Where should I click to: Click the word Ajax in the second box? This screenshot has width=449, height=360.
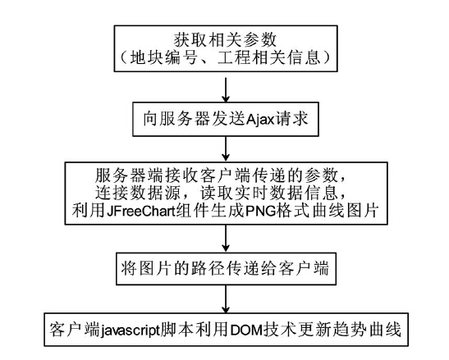(260, 118)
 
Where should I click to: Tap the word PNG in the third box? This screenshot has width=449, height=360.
(260, 212)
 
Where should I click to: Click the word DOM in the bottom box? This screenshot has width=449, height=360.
(246, 330)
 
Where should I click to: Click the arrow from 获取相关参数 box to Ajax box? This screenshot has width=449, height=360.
(226, 89)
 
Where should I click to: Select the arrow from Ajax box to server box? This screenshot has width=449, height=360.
(226, 148)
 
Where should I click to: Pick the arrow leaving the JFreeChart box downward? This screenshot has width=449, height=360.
(226, 238)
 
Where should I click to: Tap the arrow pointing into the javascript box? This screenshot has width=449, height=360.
(226, 298)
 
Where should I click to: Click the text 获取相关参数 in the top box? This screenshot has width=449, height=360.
(226, 39)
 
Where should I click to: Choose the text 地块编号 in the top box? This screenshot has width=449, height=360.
(163, 57)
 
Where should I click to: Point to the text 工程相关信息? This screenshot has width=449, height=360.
(269, 57)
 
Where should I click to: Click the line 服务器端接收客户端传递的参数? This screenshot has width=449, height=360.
(220, 175)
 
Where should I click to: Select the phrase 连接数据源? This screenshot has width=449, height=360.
(137, 193)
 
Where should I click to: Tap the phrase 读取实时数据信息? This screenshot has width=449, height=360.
(268, 193)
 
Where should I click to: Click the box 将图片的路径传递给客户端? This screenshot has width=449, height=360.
(226, 268)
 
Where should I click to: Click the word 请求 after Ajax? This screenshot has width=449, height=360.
(291, 118)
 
